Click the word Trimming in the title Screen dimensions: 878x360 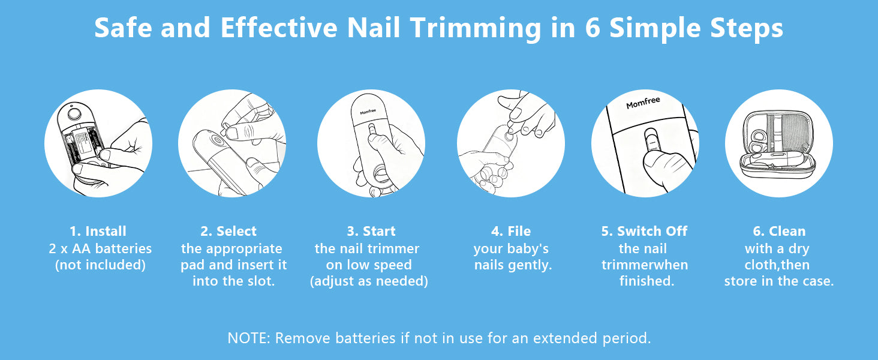click(475, 29)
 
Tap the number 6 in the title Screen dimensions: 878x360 click(593, 28)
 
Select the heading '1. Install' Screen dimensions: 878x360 click(98, 231)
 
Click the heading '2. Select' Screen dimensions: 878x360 click(228, 231)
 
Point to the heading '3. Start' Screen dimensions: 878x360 click(371, 231)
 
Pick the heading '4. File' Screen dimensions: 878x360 click(511, 231)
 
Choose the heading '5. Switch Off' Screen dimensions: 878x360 click(644, 231)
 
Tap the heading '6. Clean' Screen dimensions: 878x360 click(779, 231)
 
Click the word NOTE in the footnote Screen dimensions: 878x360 click(248, 338)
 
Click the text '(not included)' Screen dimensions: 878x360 click(100, 265)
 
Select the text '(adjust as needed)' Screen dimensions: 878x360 click(369, 281)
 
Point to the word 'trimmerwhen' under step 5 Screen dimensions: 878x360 click(645, 265)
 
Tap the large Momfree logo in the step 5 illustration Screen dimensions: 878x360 click(644, 103)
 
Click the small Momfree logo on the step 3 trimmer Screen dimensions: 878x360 click(368, 112)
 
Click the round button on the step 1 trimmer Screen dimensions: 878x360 click(74, 114)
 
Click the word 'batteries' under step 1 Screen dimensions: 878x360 click(124, 248)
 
